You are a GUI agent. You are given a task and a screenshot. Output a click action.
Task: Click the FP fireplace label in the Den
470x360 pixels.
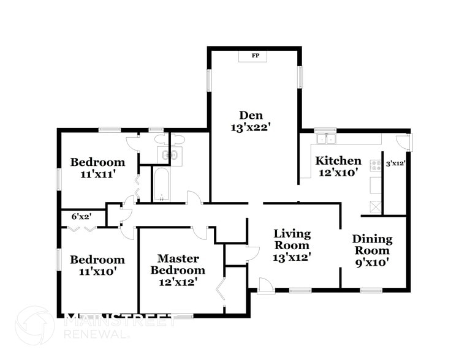(x=255, y=56)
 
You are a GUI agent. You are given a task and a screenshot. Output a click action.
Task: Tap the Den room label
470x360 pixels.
(x=251, y=114)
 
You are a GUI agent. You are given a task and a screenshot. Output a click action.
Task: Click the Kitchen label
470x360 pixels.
(x=338, y=161)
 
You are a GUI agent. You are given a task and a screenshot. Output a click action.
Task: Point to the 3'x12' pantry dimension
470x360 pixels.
(x=395, y=163)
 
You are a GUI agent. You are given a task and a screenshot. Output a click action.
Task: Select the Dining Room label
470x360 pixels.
(x=373, y=245)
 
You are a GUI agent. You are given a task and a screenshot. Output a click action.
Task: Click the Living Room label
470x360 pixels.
(x=292, y=239)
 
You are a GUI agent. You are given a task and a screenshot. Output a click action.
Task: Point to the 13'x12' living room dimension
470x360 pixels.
(x=292, y=257)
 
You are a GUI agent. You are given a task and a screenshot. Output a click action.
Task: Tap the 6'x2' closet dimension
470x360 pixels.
(x=81, y=217)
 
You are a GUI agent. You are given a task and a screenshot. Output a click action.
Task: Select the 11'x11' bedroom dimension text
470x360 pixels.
(x=97, y=174)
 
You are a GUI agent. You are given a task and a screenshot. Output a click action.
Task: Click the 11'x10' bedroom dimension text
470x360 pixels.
(x=97, y=271)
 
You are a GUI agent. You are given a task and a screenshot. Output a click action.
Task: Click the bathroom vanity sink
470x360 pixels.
(x=170, y=155)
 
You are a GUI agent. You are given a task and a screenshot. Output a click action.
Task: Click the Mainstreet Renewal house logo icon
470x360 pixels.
(x=35, y=325)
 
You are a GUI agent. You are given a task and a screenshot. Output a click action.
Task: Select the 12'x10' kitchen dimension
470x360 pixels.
(x=338, y=173)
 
